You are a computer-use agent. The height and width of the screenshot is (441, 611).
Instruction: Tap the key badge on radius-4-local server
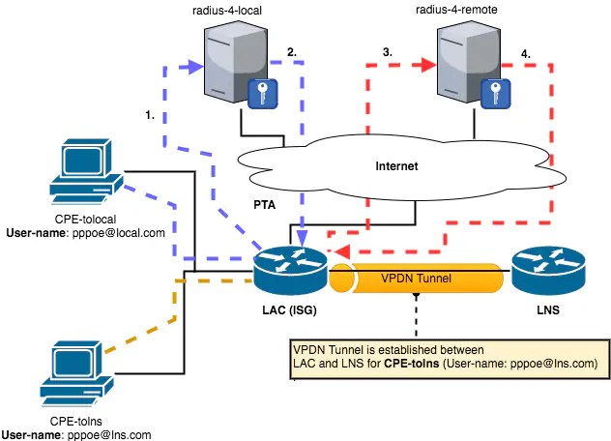pos(262,94)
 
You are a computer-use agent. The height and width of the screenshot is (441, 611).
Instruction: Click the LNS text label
pos(548,313)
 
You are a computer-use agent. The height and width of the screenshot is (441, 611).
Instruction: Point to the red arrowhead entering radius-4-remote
pos(426,68)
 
